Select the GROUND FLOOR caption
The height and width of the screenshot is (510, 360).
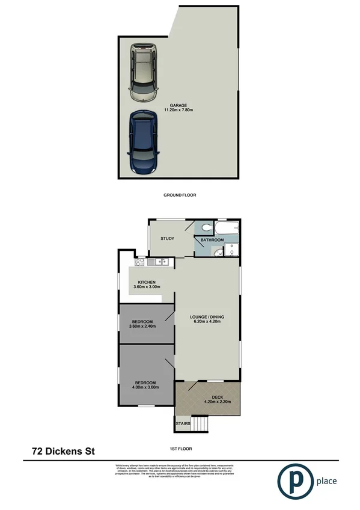point(180,195)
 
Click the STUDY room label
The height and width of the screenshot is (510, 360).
point(167,239)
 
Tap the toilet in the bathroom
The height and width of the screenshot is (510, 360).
point(206,227)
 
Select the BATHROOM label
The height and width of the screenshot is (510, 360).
point(212,240)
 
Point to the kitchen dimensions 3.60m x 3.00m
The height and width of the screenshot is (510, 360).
point(147,287)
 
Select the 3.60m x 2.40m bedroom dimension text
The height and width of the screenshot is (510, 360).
point(143,326)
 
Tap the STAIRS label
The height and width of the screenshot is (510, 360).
point(183,425)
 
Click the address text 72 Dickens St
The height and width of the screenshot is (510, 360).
point(63,450)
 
